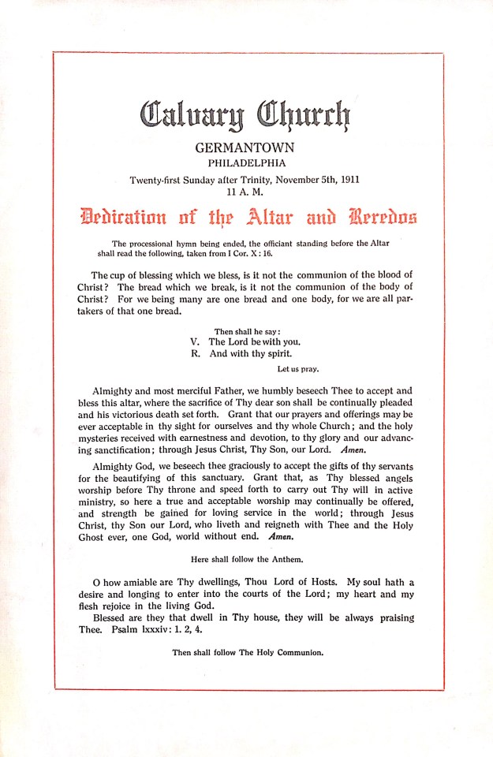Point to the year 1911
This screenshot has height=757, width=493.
click(345, 179)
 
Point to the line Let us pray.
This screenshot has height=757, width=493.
click(298, 368)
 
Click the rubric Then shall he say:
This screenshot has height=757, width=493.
click(247, 331)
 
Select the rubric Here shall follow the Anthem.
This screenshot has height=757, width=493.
click(245, 557)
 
